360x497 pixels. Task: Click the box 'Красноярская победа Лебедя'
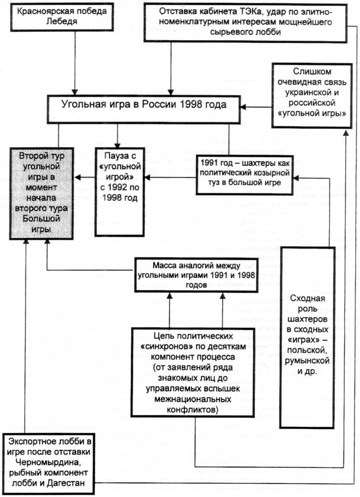(62, 17)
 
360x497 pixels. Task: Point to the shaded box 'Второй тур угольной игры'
(42, 193)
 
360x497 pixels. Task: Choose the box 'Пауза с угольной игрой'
(120, 192)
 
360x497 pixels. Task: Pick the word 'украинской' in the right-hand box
(312, 93)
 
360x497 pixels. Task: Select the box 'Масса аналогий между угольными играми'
(197, 275)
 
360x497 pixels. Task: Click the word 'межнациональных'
(193, 399)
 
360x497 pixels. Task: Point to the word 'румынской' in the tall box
(307, 361)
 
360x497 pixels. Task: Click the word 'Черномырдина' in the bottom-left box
(49, 462)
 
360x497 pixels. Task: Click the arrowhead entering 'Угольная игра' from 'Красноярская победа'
(75, 92)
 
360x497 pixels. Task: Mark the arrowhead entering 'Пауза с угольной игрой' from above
(117, 145)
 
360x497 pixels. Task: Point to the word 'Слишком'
(307, 72)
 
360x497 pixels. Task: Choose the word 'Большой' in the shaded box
(42, 219)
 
